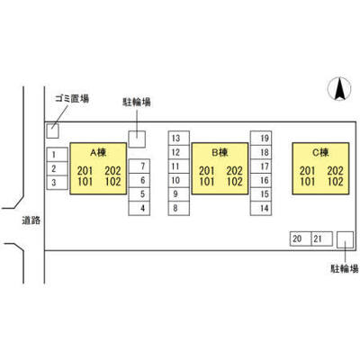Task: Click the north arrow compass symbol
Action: (x=339, y=89)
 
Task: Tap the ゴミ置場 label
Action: (x=72, y=98)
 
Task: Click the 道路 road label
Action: (x=31, y=220)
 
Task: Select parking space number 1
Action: (x=58, y=155)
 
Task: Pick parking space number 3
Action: (x=58, y=183)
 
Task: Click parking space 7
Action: (x=139, y=166)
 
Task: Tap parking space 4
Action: (x=139, y=208)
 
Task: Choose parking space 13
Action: (x=179, y=138)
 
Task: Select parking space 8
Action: (x=179, y=208)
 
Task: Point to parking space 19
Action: (x=261, y=138)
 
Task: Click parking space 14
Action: (x=261, y=208)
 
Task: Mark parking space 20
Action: (x=301, y=238)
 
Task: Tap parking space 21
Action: (x=322, y=238)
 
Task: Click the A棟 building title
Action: (x=98, y=153)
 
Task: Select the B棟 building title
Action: (x=220, y=153)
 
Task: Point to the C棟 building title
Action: (x=320, y=153)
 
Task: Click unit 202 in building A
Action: (x=112, y=171)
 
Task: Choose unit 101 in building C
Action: (x=308, y=182)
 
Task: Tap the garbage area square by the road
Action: (x=52, y=130)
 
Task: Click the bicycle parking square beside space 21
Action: (x=345, y=239)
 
